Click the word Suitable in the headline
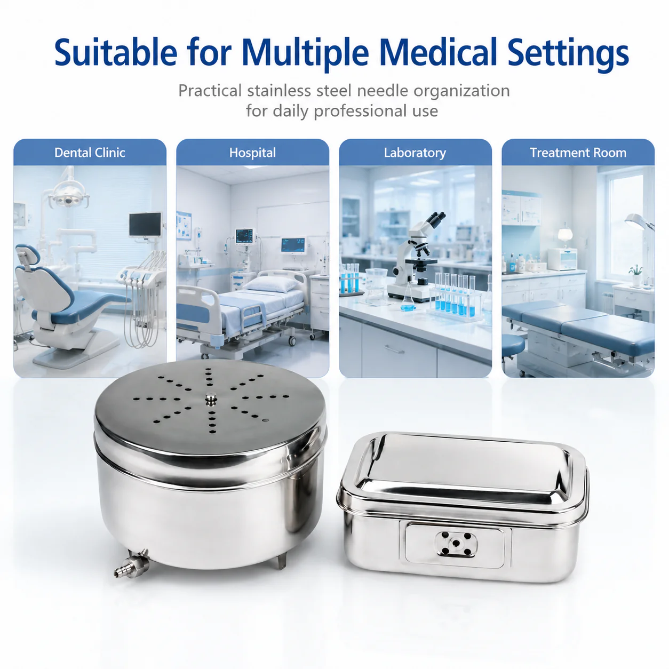(x=116, y=53)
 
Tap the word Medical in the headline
(x=437, y=52)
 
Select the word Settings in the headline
(x=568, y=54)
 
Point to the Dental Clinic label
(x=90, y=153)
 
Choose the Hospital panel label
(x=252, y=153)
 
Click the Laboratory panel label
(x=415, y=153)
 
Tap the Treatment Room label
(x=578, y=153)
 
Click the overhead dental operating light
(x=68, y=196)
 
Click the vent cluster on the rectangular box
(x=456, y=544)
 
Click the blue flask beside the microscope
(x=408, y=301)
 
